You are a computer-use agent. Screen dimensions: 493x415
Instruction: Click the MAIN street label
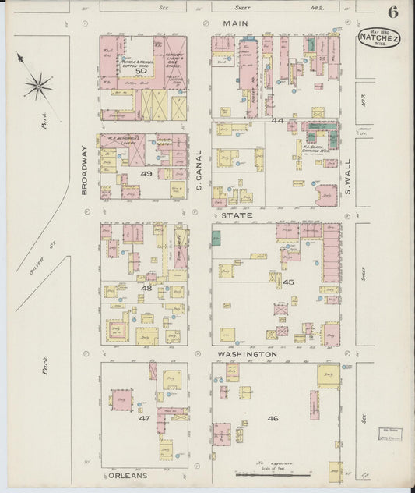235,24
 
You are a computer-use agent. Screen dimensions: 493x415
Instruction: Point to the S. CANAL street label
199,170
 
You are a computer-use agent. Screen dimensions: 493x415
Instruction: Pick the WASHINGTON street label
247,354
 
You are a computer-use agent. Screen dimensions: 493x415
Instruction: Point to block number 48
146,288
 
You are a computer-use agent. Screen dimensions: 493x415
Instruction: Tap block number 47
144,418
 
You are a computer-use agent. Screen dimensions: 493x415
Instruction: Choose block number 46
273,418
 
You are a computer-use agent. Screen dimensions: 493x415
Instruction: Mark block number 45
288,282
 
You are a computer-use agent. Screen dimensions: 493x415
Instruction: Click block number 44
277,121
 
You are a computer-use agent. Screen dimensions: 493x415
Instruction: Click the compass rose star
37,84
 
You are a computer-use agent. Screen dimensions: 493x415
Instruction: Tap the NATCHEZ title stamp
378,37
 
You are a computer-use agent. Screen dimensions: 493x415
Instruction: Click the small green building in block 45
216,238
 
